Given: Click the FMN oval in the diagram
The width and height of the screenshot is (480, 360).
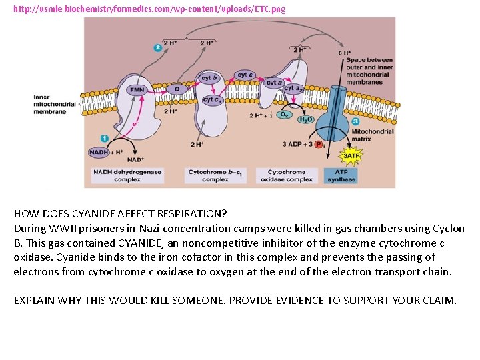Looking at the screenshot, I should tap(137, 89).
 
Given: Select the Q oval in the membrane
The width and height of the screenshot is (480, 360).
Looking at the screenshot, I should tap(177, 89).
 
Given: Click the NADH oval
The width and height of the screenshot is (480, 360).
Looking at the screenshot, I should tap(99, 152).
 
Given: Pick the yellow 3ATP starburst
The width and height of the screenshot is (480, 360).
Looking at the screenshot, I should tap(351, 156).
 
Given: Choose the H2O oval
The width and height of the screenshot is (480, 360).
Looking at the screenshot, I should tap(305, 120).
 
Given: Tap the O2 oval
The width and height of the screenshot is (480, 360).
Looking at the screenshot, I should tap(283, 115).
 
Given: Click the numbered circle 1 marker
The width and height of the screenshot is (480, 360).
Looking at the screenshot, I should tap(104, 138).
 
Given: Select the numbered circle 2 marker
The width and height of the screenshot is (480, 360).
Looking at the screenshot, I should tap(157, 47).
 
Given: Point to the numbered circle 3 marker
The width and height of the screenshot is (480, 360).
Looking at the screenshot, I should tap(355, 121).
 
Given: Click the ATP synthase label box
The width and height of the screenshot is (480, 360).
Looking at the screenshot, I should tap(341, 175).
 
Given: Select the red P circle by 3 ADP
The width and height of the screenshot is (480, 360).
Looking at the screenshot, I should tap(318, 145).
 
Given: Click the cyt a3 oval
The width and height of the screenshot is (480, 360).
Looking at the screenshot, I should tap(293, 88).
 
